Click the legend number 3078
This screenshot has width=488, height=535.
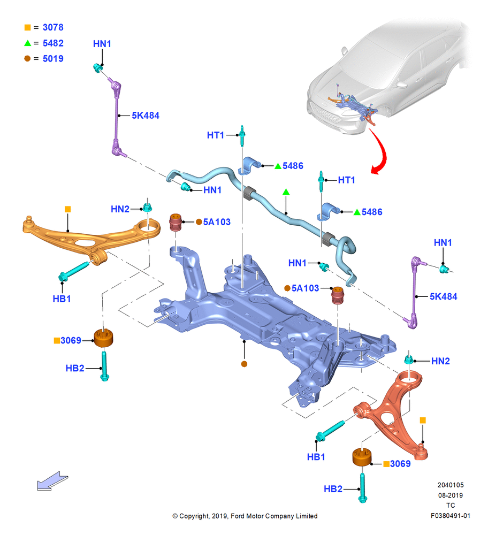[x=53, y=27]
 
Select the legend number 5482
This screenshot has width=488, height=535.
[x=53, y=43]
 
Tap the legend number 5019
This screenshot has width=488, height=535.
[x=53, y=59]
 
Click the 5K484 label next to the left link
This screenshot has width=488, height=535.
[x=146, y=116]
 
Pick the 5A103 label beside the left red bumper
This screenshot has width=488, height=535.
[x=217, y=222]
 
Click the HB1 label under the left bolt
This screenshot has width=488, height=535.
[x=62, y=299]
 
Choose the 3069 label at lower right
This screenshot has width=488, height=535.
[x=400, y=464]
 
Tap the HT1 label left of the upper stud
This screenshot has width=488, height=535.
[x=216, y=135]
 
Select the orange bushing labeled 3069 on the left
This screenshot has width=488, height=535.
[x=103, y=338]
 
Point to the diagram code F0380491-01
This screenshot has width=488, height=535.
[x=450, y=516]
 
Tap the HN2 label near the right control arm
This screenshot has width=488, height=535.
[x=440, y=361]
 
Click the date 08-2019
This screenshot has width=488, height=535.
[x=451, y=495]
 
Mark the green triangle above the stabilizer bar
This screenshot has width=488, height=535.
[x=286, y=193]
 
